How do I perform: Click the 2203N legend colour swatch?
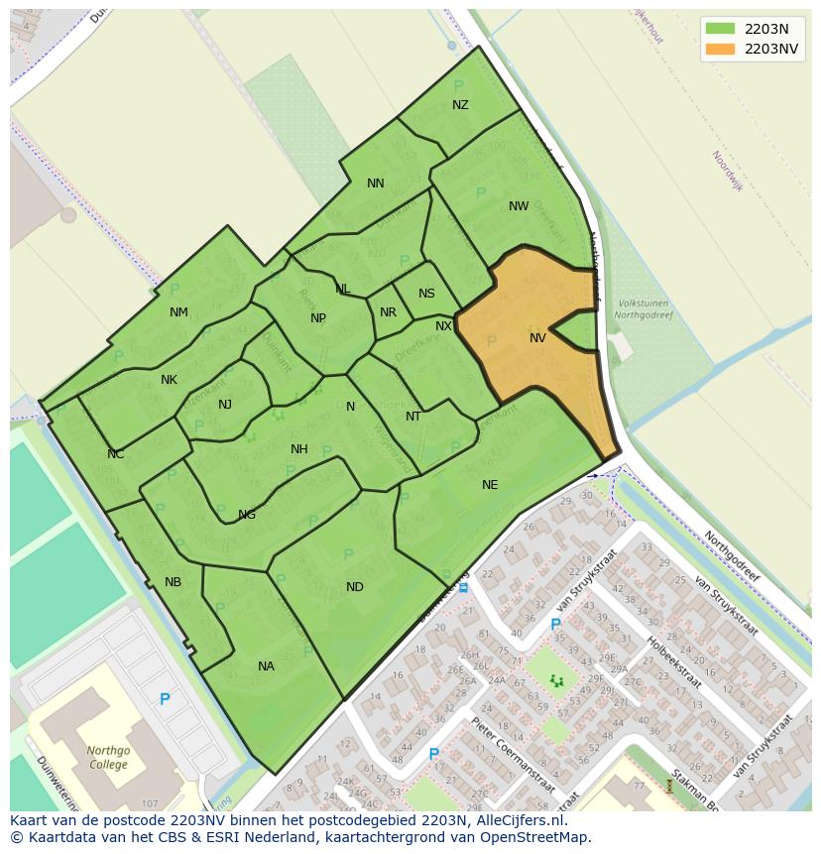pyautogui.click(x=720, y=29)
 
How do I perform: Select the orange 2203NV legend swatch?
pyautogui.click(x=720, y=49)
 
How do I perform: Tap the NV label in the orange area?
pyautogui.click(x=537, y=338)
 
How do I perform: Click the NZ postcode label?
pyautogui.click(x=460, y=105)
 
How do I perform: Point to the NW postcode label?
pyautogui.click(x=519, y=206)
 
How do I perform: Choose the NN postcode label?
pyautogui.click(x=375, y=183)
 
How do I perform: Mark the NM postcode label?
pyautogui.click(x=178, y=312)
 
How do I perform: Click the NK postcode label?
pyautogui.click(x=169, y=380)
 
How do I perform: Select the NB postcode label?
pyautogui.click(x=173, y=582)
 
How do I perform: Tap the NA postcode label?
pyautogui.click(x=266, y=667)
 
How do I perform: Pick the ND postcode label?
pyautogui.click(x=354, y=587)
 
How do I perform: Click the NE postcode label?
pyautogui.click(x=490, y=485)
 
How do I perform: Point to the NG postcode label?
pyautogui.click(x=247, y=515)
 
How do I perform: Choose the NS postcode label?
pyautogui.click(x=426, y=294)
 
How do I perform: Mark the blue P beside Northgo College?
pyautogui.click(x=165, y=699)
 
